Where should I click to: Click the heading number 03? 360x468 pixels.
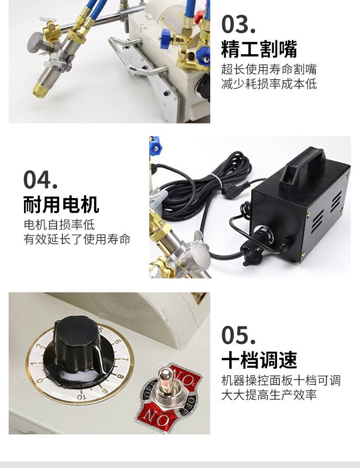point(238,24)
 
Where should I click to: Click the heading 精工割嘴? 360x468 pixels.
point(259,49)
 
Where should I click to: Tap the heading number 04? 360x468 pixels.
point(40,180)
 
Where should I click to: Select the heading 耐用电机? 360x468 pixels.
point(61,205)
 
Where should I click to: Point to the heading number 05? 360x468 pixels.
point(238,335)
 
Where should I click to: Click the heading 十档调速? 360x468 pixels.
point(259,360)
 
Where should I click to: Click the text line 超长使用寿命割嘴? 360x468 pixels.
point(269,69)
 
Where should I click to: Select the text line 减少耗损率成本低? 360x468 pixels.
point(269,84)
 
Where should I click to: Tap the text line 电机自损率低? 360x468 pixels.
point(59,225)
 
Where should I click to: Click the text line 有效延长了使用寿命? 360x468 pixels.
point(77,240)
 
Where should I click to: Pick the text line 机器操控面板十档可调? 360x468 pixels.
point(281,381)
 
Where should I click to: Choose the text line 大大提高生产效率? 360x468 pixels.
point(269,395)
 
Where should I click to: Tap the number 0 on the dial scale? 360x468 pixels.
point(39,380)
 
